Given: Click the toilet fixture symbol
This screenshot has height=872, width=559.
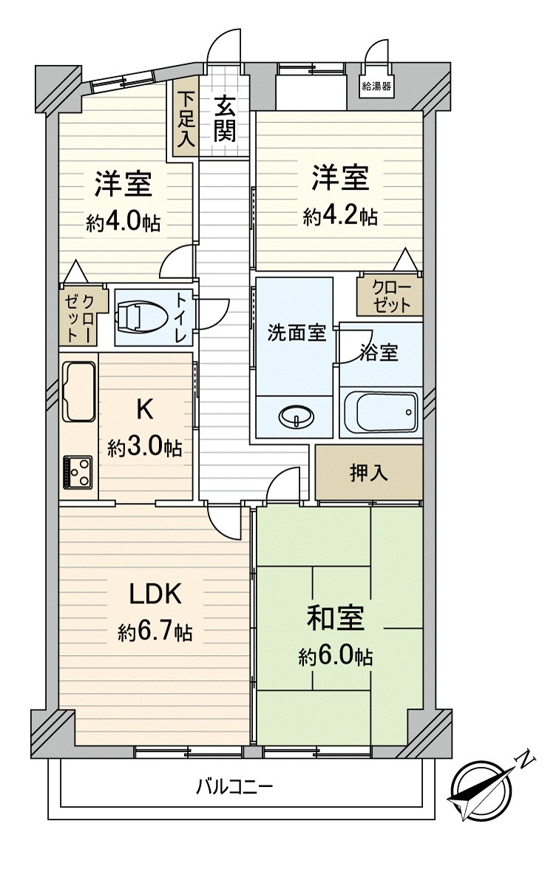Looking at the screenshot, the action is pyautogui.click(x=141, y=318).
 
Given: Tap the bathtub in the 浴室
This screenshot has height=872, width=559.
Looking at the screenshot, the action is pyautogui.click(x=381, y=412).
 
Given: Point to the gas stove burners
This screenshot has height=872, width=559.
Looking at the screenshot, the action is pyautogui.click(x=78, y=472).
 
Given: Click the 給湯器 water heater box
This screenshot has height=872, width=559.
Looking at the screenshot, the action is pyautogui.click(x=376, y=87).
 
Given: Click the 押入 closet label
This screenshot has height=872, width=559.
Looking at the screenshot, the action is pyautogui.click(x=368, y=473).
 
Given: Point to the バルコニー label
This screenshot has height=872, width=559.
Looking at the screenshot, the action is pyautogui.click(x=234, y=787).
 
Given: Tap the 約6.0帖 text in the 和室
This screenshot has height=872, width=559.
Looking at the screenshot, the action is pyautogui.click(x=336, y=657).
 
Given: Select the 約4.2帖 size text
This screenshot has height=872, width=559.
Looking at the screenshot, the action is pyautogui.click(x=340, y=216).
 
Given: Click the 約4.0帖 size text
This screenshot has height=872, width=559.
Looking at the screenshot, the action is pyautogui.click(x=123, y=223).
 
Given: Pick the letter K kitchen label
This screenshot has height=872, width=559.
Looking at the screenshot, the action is pyautogui.click(x=145, y=410).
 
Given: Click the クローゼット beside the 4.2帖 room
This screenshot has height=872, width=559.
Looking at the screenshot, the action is pyautogui.click(x=392, y=295).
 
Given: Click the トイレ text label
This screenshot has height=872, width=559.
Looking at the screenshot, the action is pyautogui.click(x=181, y=317).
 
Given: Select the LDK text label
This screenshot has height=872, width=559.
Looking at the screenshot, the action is pyautogui.click(x=155, y=595).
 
